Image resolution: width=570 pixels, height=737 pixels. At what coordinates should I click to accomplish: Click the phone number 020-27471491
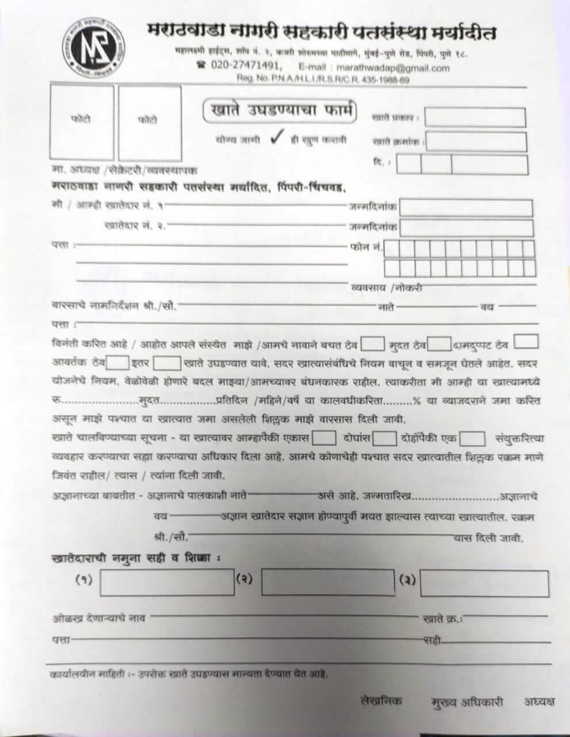(x=246, y=66)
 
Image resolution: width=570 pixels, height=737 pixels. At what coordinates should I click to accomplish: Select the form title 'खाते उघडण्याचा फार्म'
(x=280, y=111)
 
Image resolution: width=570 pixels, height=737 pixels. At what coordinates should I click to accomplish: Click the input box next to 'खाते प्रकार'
(x=475, y=117)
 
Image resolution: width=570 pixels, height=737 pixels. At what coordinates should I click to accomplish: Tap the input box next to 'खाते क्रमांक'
(x=476, y=142)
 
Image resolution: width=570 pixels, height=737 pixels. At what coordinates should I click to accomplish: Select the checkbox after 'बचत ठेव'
(x=373, y=344)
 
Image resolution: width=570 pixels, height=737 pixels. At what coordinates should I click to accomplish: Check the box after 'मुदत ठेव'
(x=439, y=344)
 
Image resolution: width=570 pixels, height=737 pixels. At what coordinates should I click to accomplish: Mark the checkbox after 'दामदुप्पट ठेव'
(x=526, y=341)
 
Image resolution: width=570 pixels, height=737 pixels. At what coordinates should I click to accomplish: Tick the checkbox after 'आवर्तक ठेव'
(x=118, y=363)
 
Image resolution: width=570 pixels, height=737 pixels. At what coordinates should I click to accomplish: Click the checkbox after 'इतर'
(x=169, y=363)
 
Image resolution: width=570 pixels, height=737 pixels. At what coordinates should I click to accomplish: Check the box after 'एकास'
(x=324, y=438)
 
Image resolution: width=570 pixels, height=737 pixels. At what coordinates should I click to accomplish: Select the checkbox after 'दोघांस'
(x=384, y=439)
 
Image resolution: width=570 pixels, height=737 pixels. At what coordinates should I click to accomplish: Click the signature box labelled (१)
(x=167, y=582)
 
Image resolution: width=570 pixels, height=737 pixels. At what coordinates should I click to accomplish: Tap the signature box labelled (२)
(x=328, y=582)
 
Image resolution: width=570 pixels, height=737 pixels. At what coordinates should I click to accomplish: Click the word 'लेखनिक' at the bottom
(x=381, y=701)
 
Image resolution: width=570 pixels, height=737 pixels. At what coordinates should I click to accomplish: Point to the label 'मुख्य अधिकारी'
(x=467, y=702)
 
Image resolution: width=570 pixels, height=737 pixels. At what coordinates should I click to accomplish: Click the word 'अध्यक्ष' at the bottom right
(x=540, y=701)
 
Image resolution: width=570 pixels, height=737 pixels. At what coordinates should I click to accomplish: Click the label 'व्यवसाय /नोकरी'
(x=387, y=287)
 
